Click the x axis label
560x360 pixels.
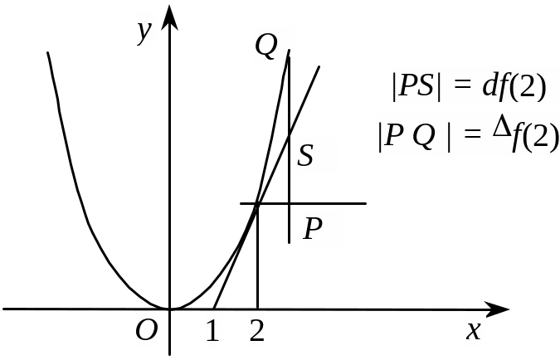[x=474, y=329]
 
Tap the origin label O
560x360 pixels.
[x=147, y=330]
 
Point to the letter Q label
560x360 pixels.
[x=266, y=47]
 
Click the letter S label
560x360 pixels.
[x=305, y=155]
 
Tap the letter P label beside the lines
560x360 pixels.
[x=313, y=228]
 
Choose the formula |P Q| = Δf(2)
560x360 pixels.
[x=467, y=134]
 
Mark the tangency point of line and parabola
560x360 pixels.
[x=257, y=203]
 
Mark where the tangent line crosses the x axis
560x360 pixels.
[x=214, y=309]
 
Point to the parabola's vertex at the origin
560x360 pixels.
[x=170, y=309]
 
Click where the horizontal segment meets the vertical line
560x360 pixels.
[x=289, y=203]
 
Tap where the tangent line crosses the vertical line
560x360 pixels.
[x=289, y=137]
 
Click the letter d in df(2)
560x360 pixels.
[x=489, y=86]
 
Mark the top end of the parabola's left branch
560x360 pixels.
[x=48, y=53]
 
